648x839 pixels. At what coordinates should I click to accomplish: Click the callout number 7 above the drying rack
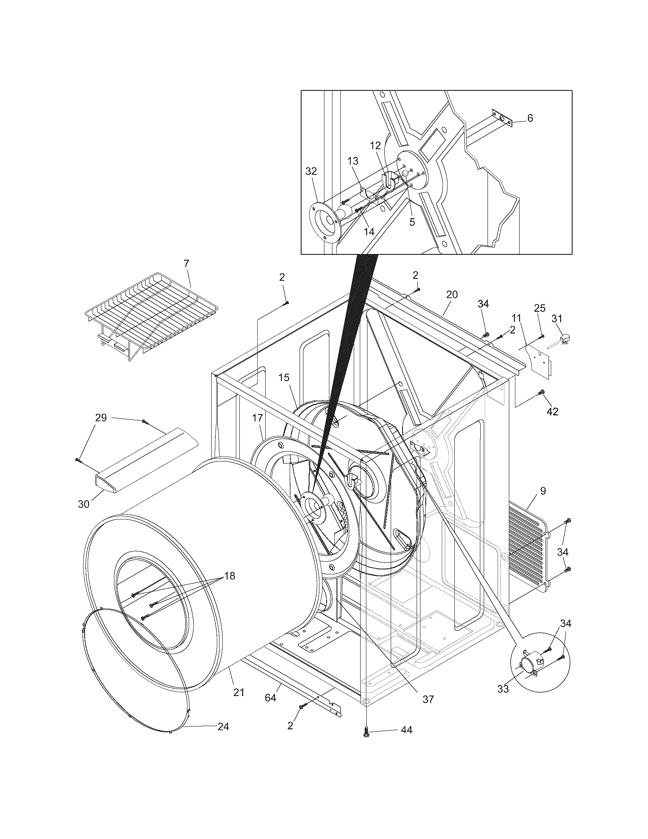(186, 264)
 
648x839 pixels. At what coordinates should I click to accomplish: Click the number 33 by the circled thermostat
(503, 689)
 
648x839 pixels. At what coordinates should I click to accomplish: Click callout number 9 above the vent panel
(542, 491)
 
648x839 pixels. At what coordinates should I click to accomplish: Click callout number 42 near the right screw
(552, 411)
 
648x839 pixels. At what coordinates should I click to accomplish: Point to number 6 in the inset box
(530, 118)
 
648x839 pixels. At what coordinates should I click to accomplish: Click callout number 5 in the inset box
(412, 222)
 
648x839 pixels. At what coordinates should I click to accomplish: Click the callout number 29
(101, 418)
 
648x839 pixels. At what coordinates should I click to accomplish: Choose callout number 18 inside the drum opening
(229, 576)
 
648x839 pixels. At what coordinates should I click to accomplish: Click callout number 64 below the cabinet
(270, 698)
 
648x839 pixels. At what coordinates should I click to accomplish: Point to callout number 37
(428, 699)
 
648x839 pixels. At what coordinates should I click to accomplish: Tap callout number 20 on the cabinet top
(452, 295)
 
